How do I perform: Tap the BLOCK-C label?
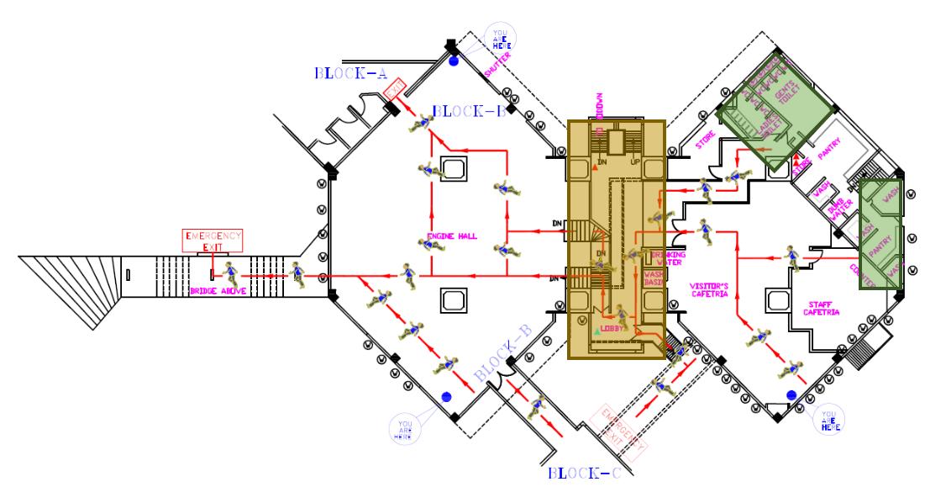click(x=584, y=474)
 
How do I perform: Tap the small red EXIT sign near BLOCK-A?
click(x=395, y=87)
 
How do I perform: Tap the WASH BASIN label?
click(x=654, y=278)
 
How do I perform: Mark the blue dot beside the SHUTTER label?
click(x=454, y=61)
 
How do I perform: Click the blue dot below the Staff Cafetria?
click(x=791, y=394)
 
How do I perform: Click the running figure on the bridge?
click(x=229, y=271)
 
